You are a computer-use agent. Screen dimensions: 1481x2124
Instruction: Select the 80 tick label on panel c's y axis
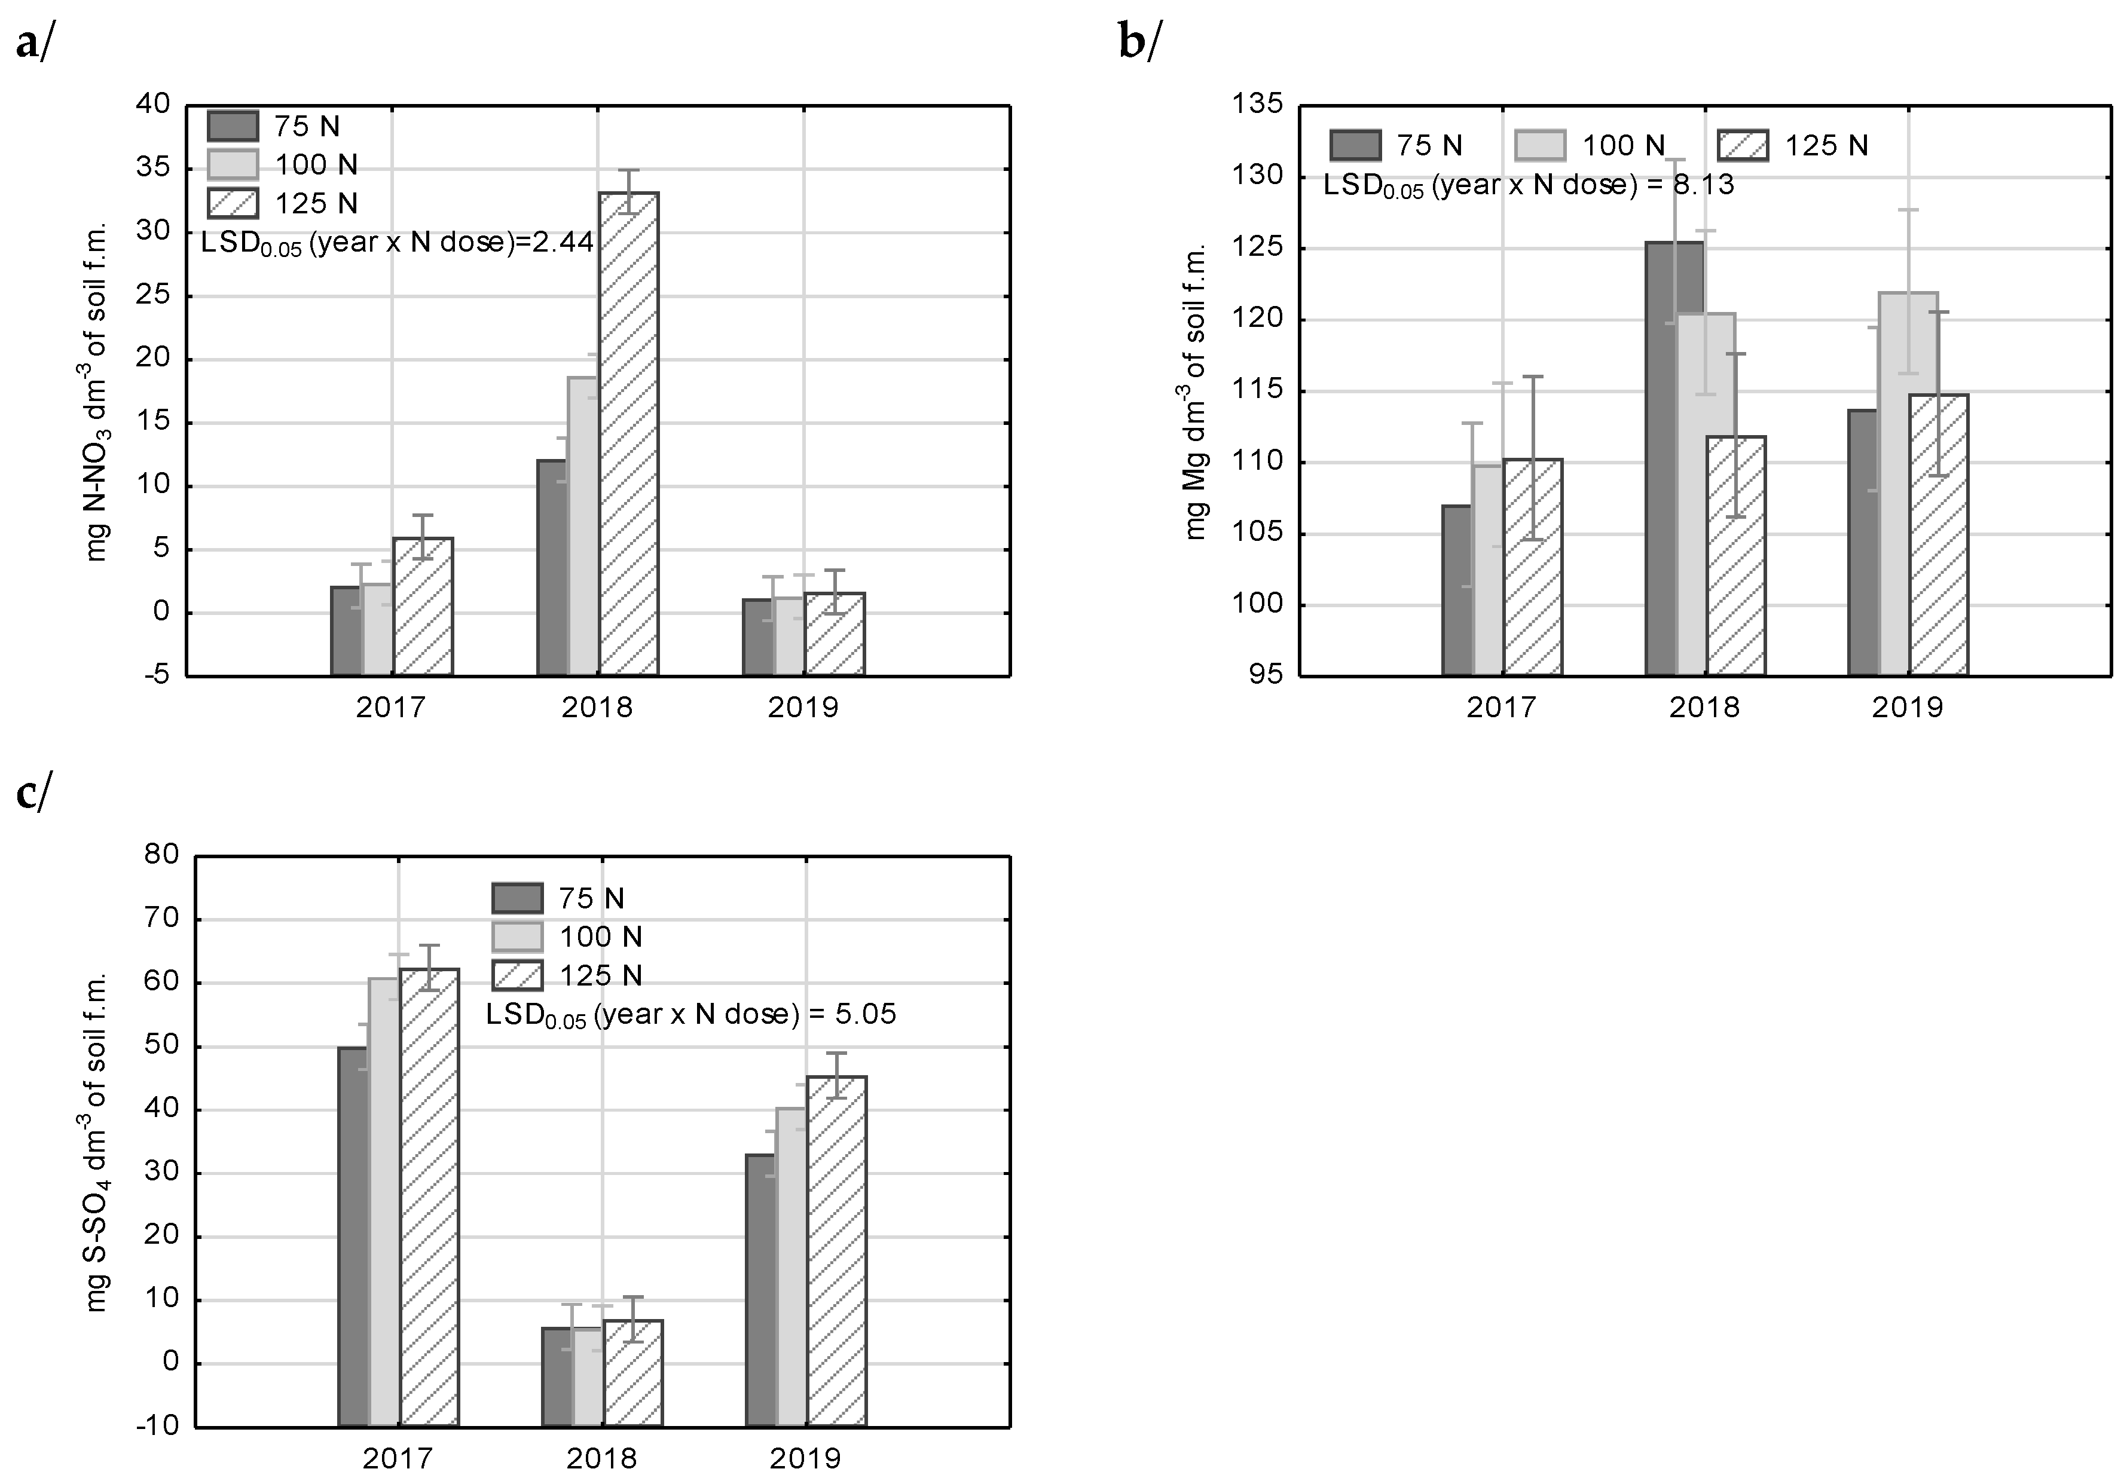click(161, 854)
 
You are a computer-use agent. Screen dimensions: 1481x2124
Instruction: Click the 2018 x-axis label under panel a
click(597, 708)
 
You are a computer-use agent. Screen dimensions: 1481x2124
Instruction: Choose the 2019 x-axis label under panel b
click(1906, 708)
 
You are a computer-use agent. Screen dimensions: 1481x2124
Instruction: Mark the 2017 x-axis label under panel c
click(397, 1459)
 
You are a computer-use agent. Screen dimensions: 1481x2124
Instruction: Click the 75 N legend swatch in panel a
click(232, 125)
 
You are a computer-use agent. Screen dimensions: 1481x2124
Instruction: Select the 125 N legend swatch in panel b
click(1743, 145)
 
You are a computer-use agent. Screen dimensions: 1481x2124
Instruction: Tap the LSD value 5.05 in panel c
click(865, 1015)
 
